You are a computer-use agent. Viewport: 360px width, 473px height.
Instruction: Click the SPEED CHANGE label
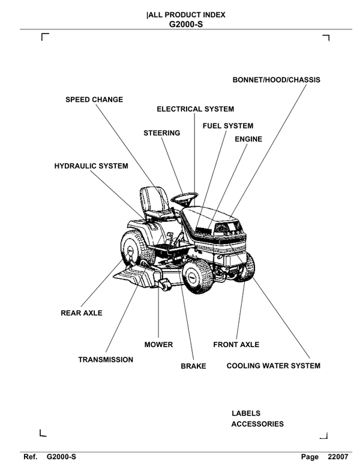coord(94,99)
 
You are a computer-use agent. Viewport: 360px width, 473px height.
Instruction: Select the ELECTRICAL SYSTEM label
coord(195,109)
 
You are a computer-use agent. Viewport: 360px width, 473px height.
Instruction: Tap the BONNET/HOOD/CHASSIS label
coord(277,80)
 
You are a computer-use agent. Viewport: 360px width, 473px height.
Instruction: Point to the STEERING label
coord(161,132)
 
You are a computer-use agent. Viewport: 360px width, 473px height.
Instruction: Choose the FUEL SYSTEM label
coord(228,126)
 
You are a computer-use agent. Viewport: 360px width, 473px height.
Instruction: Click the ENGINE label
coord(248,139)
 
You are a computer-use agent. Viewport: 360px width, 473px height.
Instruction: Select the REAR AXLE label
coord(82,313)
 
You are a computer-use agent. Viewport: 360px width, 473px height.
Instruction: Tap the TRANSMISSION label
coord(106,360)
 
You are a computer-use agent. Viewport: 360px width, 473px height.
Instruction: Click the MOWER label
coord(158,345)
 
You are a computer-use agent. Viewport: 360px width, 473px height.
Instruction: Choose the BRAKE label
coord(193,365)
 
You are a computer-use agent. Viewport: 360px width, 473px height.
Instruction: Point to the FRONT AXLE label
coord(236,345)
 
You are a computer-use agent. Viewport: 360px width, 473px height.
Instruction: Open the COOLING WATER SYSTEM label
coord(273,365)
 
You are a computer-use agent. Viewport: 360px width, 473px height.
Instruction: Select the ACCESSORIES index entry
coord(257,424)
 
